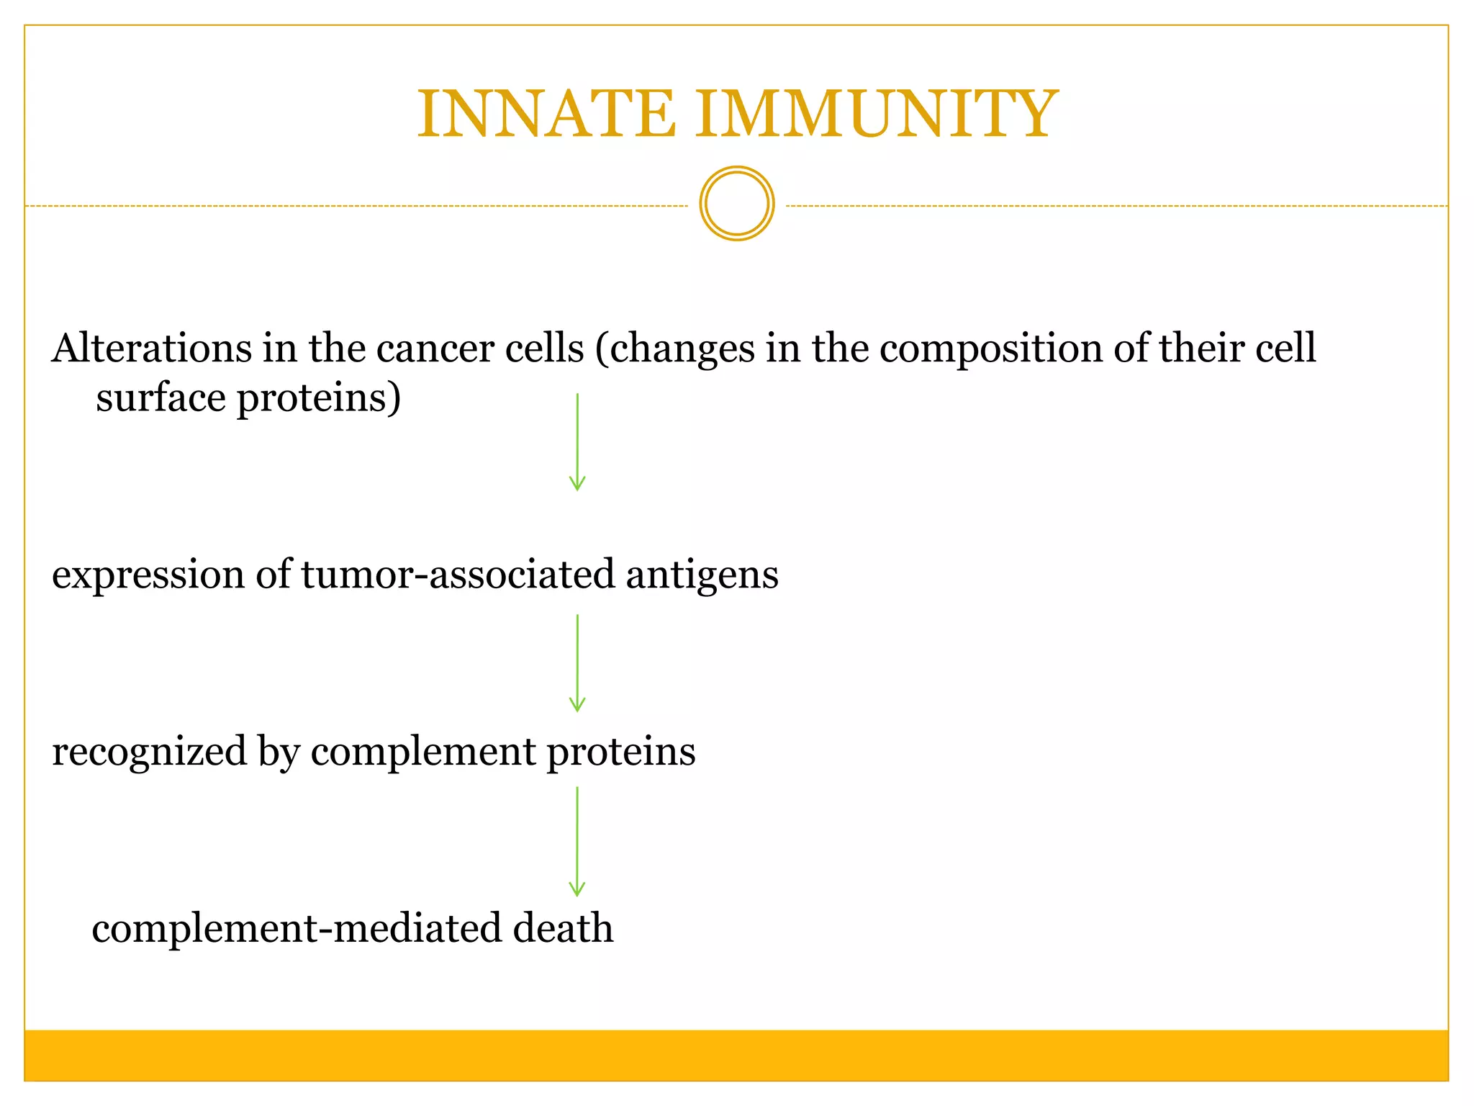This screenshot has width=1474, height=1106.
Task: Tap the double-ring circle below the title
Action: [736, 204]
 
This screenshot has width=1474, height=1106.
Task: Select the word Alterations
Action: [152, 349]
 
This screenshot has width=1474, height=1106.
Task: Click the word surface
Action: [160, 397]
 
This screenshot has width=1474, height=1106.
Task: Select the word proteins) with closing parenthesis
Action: [319, 399]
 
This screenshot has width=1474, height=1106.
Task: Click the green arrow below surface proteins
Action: [577, 442]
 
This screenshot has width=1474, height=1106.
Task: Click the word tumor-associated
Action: [458, 575]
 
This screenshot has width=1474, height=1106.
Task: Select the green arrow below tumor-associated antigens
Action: [577, 663]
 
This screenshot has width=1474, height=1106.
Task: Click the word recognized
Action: [149, 752]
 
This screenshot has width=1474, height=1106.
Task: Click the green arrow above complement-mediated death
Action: [577, 841]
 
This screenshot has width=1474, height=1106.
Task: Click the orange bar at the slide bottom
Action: [736, 1055]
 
